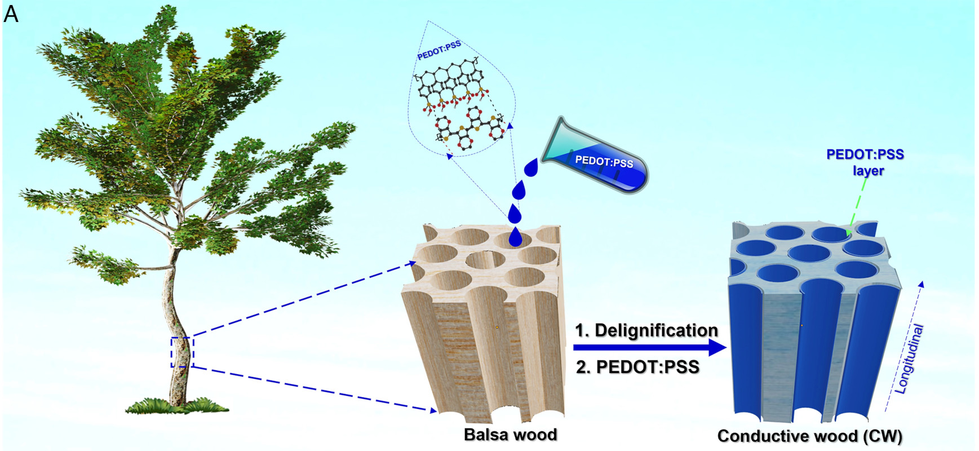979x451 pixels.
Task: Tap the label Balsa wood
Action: [x=510, y=435]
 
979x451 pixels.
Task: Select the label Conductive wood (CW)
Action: [x=809, y=436]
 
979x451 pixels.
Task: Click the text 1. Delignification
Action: [x=646, y=330]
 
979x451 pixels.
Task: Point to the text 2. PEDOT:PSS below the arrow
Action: [x=637, y=367]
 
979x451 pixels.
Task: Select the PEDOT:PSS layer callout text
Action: [x=865, y=162]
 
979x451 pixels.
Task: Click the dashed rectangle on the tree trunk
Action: [x=182, y=352]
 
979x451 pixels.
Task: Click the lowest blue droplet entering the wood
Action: [x=515, y=237]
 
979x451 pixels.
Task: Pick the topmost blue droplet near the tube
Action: [x=531, y=167]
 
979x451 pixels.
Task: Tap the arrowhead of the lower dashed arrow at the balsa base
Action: [x=433, y=410]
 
